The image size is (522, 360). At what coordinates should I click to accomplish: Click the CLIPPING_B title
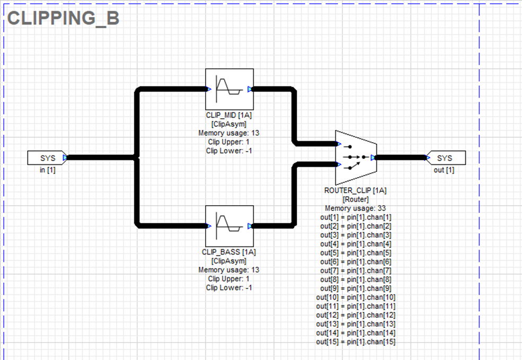coord(63,18)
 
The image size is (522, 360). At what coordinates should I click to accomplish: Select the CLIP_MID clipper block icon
coord(229,89)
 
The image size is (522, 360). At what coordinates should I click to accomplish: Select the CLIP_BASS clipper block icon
coord(229,225)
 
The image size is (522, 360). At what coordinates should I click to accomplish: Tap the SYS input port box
coord(47,158)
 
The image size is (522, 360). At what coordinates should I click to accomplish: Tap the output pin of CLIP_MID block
coord(250,89)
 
